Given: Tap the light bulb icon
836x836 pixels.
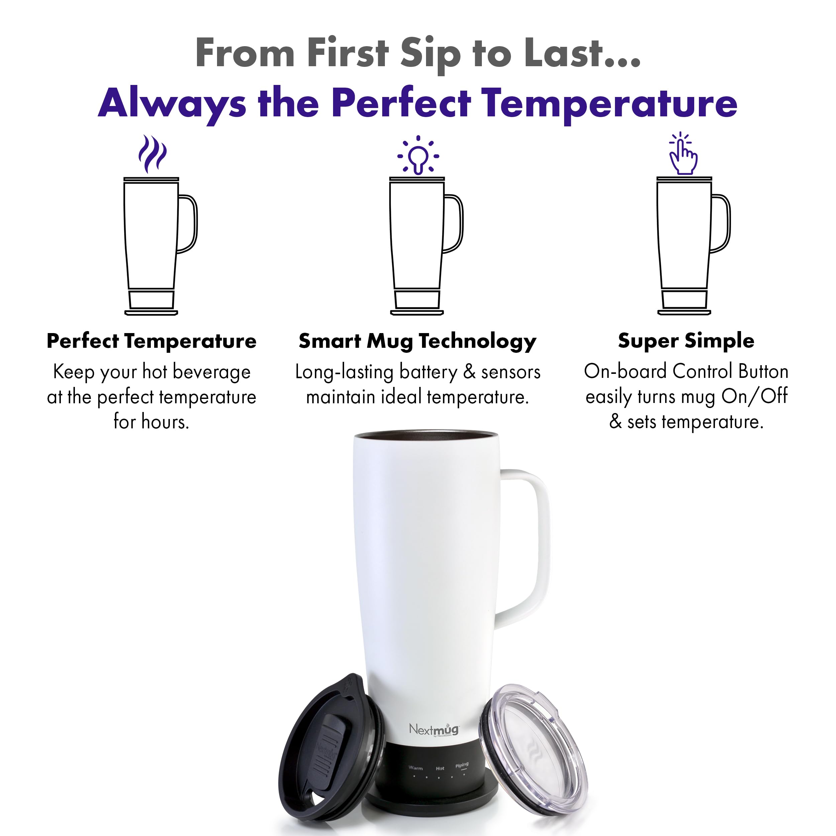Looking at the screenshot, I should (418, 156).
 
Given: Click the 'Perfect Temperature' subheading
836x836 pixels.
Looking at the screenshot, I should (151, 341).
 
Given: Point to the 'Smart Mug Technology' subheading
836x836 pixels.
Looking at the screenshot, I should (418, 341).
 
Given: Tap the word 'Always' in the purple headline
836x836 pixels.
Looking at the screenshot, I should (172, 104).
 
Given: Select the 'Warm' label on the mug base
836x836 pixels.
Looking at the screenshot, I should (415, 768).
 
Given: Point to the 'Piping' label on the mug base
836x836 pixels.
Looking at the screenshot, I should (462, 765).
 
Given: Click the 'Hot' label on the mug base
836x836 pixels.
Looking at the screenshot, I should (440, 768).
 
